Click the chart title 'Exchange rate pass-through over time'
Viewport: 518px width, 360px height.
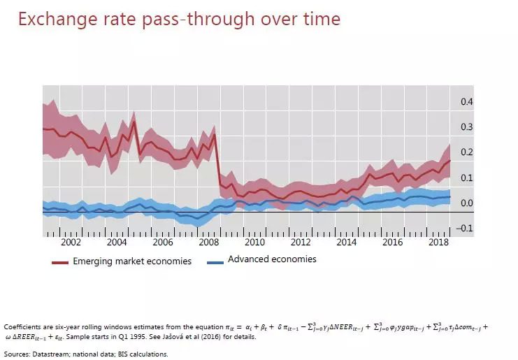(x=179, y=19)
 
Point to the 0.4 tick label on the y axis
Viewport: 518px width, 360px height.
(x=466, y=102)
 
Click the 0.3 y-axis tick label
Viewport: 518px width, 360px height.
(x=466, y=127)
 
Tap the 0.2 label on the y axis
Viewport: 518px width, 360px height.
(x=466, y=152)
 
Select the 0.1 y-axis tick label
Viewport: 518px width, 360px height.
(x=466, y=178)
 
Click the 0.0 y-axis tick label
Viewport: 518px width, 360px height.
(x=466, y=203)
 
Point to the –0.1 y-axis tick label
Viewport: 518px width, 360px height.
(x=464, y=229)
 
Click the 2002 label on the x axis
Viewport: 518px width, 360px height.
(x=71, y=242)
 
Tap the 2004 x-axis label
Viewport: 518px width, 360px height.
(x=117, y=242)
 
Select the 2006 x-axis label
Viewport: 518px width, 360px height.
(x=163, y=242)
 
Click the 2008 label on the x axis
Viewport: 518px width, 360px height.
(x=209, y=242)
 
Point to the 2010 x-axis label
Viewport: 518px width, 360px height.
(x=254, y=242)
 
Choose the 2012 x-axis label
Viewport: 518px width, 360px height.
(x=301, y=242)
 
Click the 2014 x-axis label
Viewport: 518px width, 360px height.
(x=346, y=242)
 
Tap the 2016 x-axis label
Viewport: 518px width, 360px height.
(x=392, y=242)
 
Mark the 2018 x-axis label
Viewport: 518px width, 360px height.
(x=438, y=242)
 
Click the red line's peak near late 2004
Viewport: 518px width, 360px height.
(x=134, y=122)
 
